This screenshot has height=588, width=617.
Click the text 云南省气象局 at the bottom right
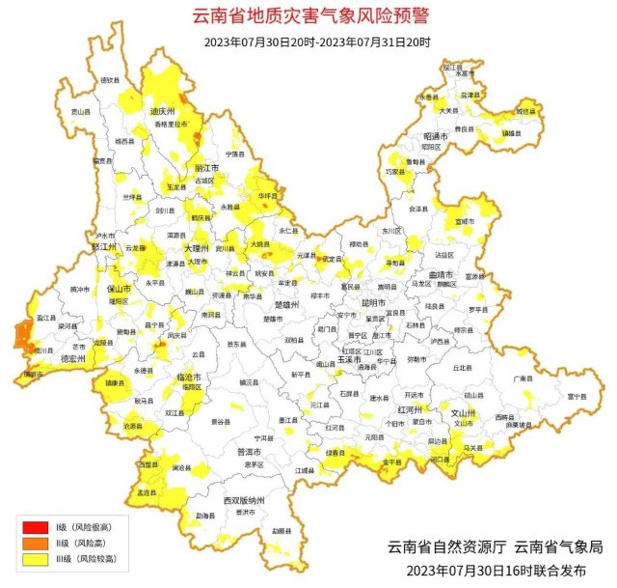click(x=559, y=546)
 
